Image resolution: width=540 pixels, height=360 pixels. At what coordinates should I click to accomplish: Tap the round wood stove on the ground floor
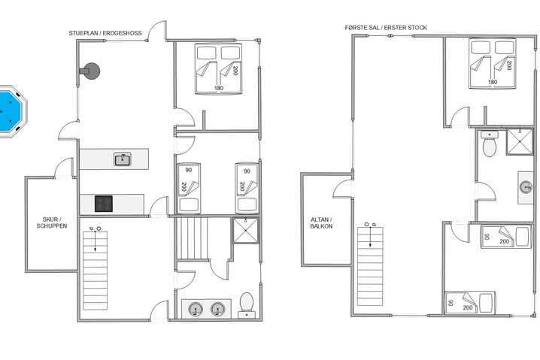(x=92, y=70)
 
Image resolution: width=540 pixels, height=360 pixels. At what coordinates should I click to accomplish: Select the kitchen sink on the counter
(x=121, y=159)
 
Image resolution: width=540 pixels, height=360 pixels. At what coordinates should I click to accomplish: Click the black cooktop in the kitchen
(x=104, y=203)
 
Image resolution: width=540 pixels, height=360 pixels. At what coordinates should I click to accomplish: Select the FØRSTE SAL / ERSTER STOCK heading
(x=386, y=28)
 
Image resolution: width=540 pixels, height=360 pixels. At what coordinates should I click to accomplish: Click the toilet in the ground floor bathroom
(x=245, y=304)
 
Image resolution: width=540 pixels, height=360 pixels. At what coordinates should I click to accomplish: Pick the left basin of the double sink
(x=196, y=308)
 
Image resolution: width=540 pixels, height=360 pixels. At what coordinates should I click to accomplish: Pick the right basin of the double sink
(x=217, y=308)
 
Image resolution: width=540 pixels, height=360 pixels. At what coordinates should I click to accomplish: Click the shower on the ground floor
(x=244, y=231)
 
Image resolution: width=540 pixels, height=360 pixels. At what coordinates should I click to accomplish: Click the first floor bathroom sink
(x=524, y=186)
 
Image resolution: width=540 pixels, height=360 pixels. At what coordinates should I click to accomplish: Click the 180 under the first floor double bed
(x=493, y=83)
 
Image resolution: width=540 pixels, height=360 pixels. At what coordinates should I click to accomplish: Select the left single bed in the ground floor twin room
(x=188, y=188)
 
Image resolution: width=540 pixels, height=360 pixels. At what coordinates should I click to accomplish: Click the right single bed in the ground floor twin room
(x=246, y=188)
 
